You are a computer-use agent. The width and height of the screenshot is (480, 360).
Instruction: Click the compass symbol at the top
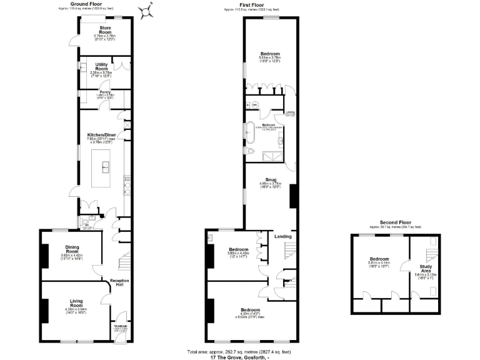[x=148, y=11]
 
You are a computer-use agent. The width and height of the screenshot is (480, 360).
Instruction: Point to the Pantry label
[x=105, y=92]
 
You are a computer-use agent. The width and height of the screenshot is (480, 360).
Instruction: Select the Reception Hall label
[x=119, y=283]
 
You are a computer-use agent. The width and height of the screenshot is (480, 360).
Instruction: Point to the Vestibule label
[x=121, y=326]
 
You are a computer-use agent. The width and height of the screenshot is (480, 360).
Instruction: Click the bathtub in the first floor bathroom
[x=250, y=132]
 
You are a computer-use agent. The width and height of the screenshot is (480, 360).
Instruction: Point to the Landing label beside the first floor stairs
[x=283, y=236]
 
